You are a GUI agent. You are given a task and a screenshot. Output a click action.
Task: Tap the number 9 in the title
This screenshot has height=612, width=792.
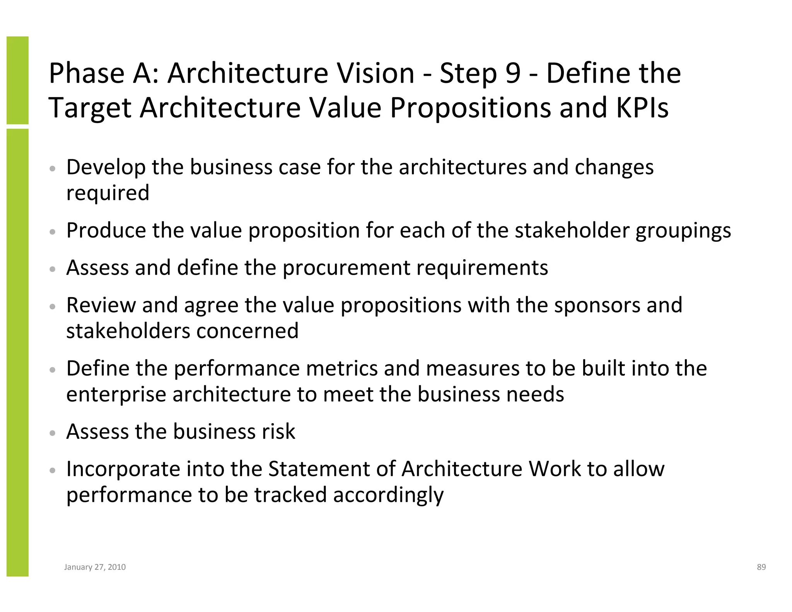tap(513, 73)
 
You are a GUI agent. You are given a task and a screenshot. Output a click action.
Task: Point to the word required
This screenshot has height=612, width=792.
tap(108, 193)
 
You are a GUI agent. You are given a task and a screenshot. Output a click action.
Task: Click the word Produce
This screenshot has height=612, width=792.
tap(106, 231)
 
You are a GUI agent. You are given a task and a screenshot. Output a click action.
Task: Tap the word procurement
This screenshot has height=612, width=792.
tap(346, 268)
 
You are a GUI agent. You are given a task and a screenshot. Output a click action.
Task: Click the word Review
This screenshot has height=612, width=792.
tap(101, 305)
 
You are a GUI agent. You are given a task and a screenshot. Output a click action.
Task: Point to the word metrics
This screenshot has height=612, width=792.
tap(342, 368)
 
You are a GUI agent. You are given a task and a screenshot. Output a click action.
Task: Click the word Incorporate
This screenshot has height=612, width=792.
tap(123, 470)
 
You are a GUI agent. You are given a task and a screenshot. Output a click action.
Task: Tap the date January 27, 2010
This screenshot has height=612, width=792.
tap(95, 567)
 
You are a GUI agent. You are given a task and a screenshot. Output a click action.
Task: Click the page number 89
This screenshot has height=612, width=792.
tap(761, 567)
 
